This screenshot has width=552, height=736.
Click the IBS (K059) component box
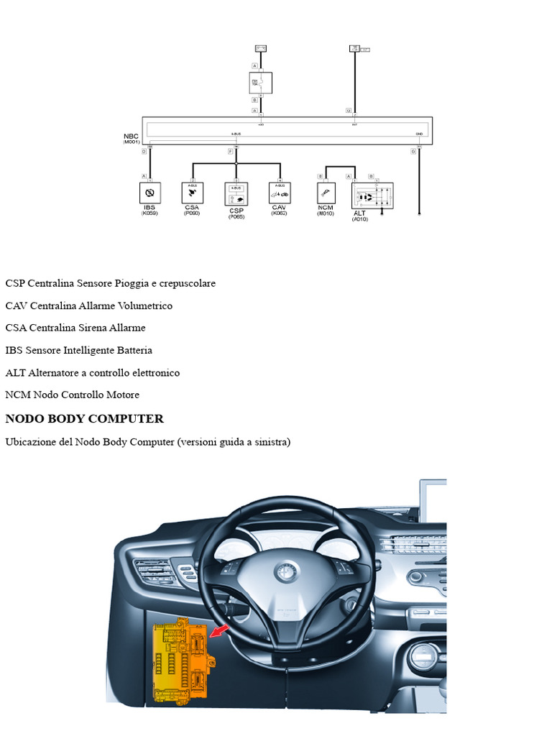(x=150, y=193)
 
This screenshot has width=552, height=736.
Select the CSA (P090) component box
(x=193, y=193)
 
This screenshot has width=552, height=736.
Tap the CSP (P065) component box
(x=236, y=194)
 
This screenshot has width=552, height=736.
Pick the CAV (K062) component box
(x=280, y=193)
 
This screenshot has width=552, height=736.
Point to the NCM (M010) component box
(x=326, y=193)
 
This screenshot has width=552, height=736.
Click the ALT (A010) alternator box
(x=372, y=195)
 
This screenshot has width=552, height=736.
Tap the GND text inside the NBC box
(x=419, y=134)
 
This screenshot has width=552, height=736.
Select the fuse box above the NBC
(x=260, y=83)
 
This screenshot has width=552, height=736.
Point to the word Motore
(x=122, y=395)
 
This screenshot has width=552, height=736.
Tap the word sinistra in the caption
(x=267, y=442)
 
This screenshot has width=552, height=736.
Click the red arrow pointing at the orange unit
(x=219, y=631)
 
